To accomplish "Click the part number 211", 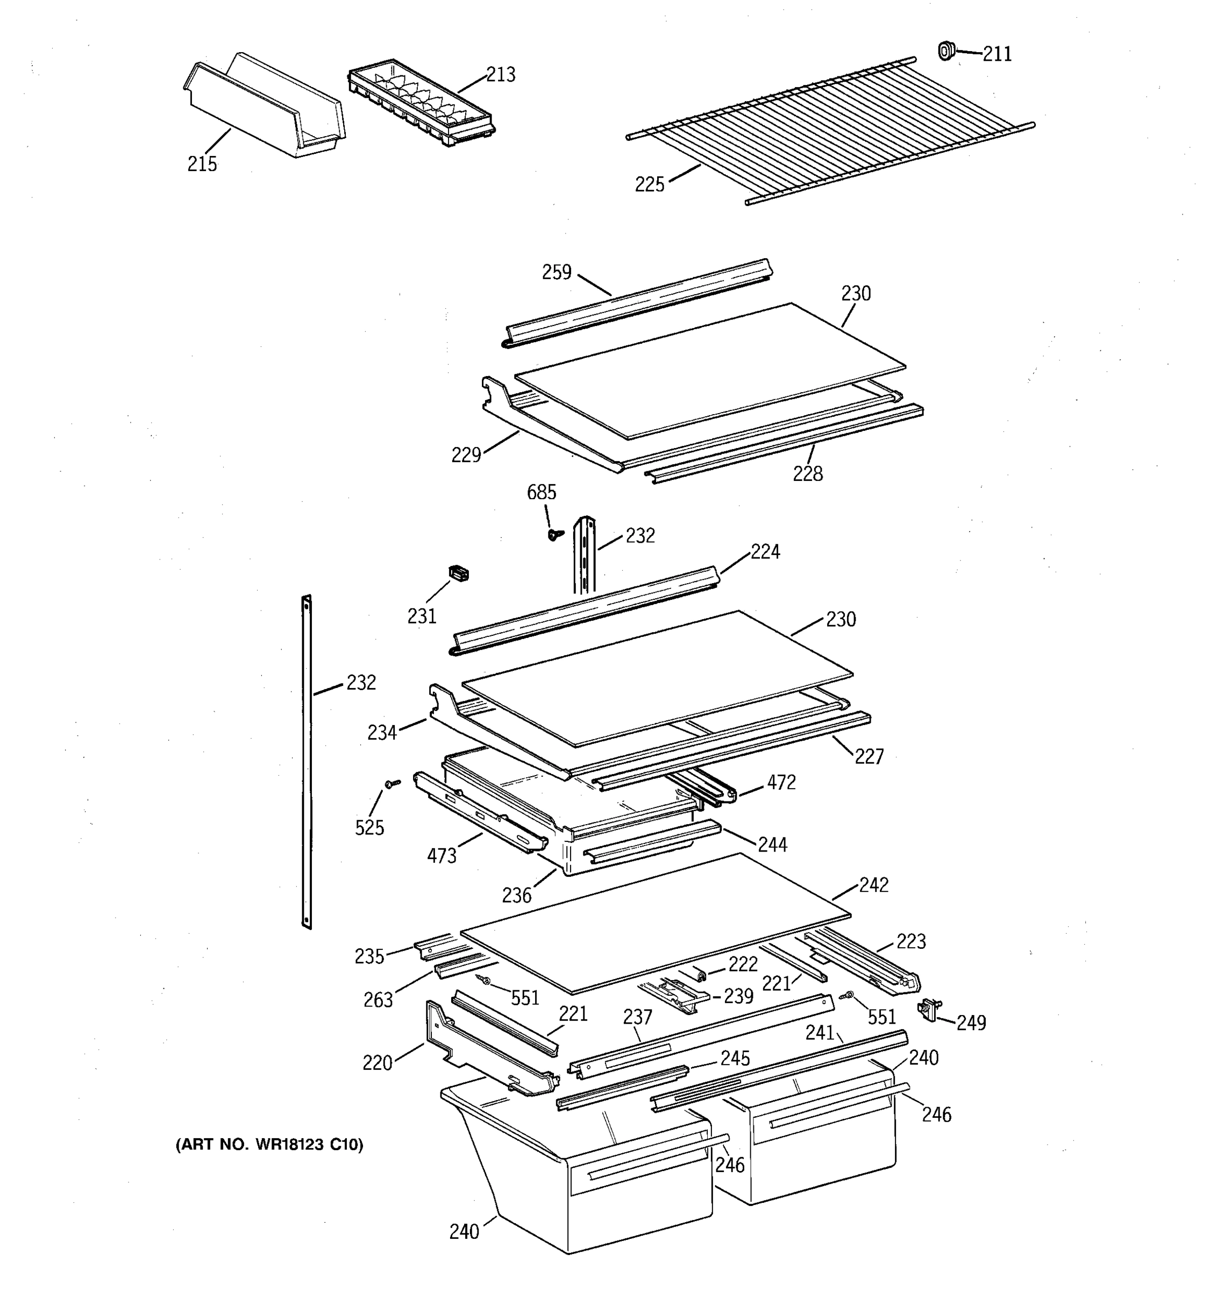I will click(x=997, y=54).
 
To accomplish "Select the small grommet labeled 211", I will click(x=946, y=50).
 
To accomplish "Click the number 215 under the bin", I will click(x=202, y=164).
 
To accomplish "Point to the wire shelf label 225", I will click(x=649, y=185).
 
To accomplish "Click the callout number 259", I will click(x=556, y=272).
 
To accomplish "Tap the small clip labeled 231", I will click(x=459, y=573).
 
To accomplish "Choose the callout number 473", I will click(x=442, y=856).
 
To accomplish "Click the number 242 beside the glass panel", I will click(x=874, y=885).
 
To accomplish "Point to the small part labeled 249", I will click(x=929, y=1009).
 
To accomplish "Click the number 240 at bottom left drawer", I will click(x=464, y=1231).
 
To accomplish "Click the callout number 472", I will click(x=781, y=783).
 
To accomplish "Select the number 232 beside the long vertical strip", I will click(x=360, y=683).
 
